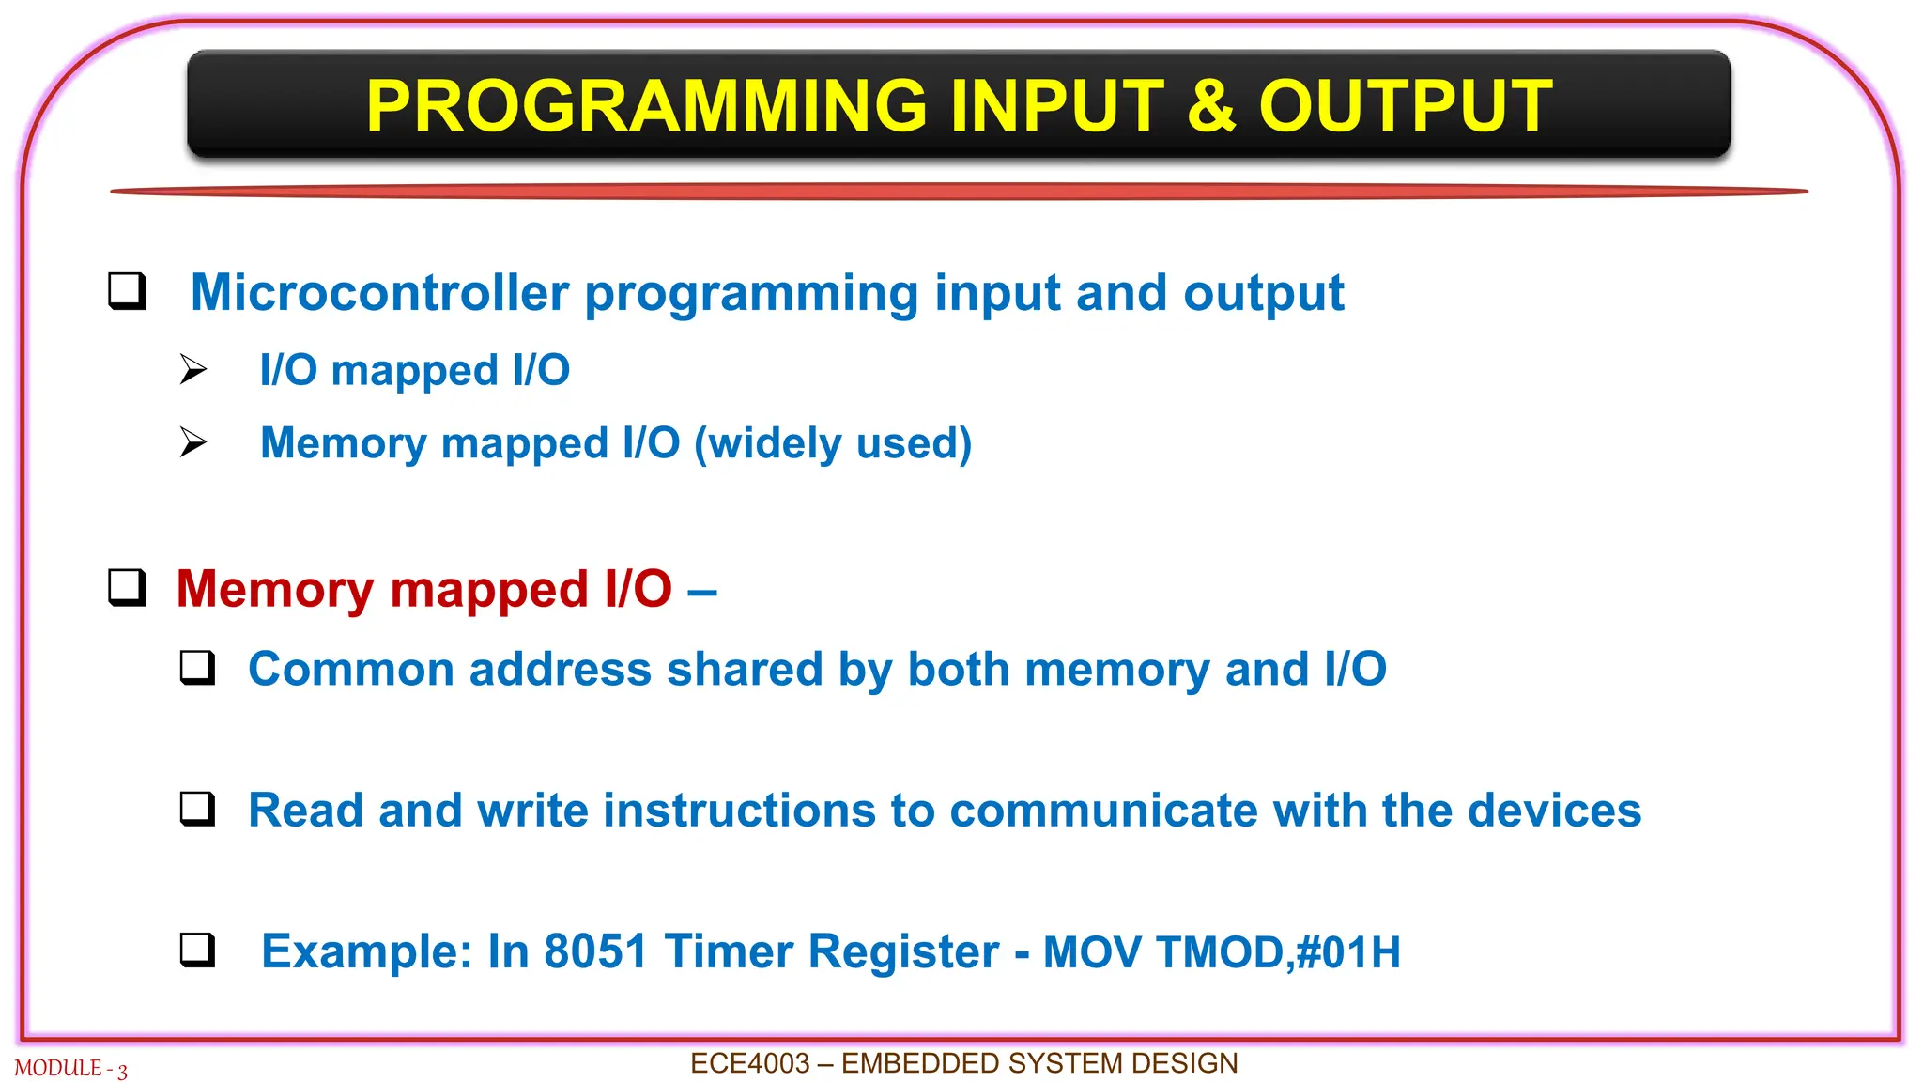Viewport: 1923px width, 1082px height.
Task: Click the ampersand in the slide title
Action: pyautogui.click(x=1210, y=105)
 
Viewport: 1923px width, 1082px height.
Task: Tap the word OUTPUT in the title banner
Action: pyautogui.click(x=1406, y=105)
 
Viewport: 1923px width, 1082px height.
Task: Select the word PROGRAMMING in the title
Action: pyautogui.click(x=648, y=105)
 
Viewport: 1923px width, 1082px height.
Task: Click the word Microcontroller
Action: pyautogui.click(x=380, y=292)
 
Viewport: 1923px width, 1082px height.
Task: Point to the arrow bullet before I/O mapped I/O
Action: pyautogui.click(x=193, y=369)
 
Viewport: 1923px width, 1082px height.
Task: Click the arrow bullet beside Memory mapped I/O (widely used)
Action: pyautogui.click(x=193, y=441)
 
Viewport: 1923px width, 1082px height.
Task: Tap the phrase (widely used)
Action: pyautogui.click(x=833, y=443)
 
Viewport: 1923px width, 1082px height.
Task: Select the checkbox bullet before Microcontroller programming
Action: pyautogui.click(x=127, y=290)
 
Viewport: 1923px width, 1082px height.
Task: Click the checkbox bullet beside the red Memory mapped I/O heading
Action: pyautogui.click(x=127, y=587)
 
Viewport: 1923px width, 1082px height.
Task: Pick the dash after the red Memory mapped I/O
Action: pyautogui.click(x=702, y=592)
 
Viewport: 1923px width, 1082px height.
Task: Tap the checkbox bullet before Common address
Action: pyautogui.click(x=197, y=667)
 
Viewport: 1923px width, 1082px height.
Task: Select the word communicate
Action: pyautogui.click(x=1103, y=811)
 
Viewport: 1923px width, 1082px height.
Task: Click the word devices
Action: pyautogui.click(x=1555, y=811)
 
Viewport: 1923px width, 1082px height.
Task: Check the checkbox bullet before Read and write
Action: pyautogui.click(x=197, y=808)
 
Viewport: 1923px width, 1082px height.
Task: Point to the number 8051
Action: pyautogui.click(x=596, y=951)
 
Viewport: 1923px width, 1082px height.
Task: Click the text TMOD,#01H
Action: pyautogui.click(x=1279, y=952)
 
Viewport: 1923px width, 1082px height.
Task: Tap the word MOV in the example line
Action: pyautogui.click(x=1093, y=952)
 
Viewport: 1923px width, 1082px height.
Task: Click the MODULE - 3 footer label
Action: pyautogui.click(x=71, y=1069)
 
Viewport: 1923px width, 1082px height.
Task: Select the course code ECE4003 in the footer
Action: pyautogui.click(x=750, y=1063)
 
